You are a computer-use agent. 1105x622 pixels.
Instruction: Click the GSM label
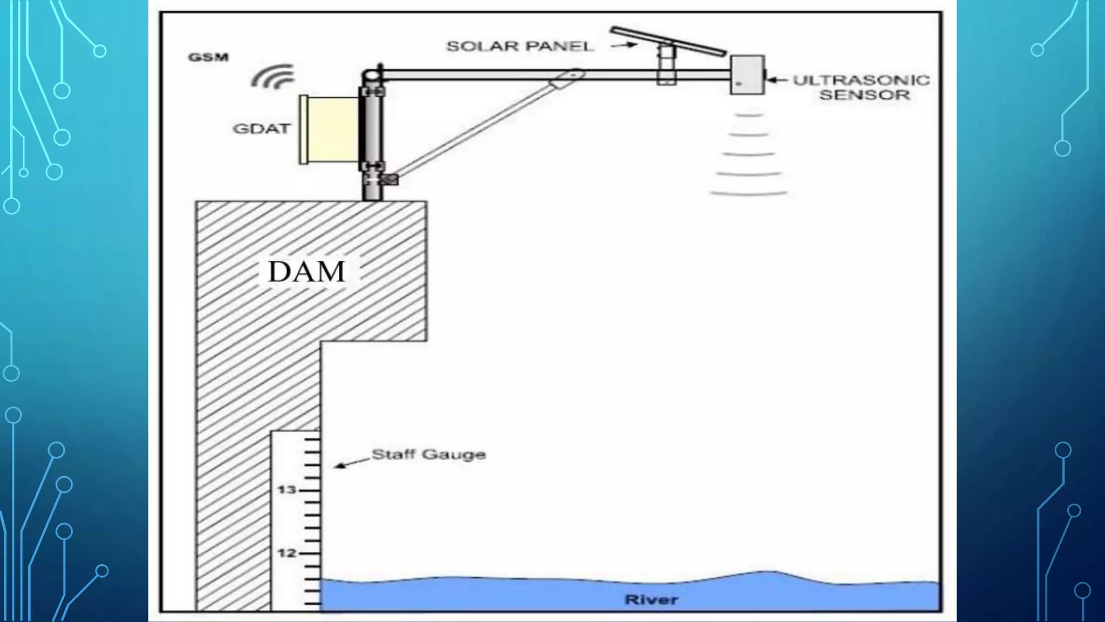[208, 57]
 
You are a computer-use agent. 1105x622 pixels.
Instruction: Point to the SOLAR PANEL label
[520, 46]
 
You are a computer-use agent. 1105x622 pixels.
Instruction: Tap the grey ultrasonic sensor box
[747, 75]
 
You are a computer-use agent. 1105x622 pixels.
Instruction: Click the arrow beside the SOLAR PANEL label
[623, 46]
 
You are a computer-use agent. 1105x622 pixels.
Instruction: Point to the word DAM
[306, 272]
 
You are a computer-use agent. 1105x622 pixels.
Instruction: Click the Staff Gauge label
[429, 455]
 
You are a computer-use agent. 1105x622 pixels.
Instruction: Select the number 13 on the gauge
[287, 490]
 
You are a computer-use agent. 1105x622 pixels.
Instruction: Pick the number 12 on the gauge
[287, 553]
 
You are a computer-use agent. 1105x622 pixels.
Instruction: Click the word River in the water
[651, 599]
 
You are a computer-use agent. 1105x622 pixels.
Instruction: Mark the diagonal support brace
[480, 127]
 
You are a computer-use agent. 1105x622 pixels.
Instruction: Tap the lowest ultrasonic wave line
[749, 193]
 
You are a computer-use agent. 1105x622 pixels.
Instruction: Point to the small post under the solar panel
[667, 65]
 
